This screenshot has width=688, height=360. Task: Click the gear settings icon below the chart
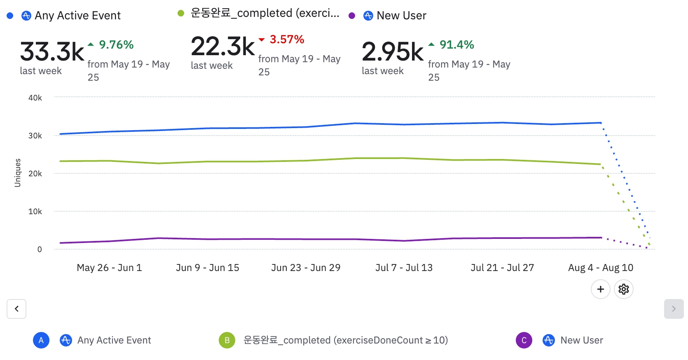tap(623, 289)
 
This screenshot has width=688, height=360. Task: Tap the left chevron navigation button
tap(16, 309)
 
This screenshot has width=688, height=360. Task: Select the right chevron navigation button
tap(674, 309)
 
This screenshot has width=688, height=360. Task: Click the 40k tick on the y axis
tap(35, 98)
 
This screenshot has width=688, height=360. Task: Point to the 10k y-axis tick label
tap(35, 212)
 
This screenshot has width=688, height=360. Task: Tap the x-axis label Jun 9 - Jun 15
tap(207, 268)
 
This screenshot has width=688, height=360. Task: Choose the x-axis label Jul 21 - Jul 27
tap(502, 268)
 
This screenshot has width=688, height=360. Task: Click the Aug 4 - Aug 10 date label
tap(600, 268)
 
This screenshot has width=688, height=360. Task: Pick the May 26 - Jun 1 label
tap(109, 268)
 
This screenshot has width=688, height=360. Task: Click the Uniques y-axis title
tap(18, 173)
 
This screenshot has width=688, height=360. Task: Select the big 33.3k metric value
tap(52, 52)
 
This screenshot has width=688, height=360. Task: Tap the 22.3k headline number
tap(223, 47)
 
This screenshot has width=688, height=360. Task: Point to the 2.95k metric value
tap(393, 52)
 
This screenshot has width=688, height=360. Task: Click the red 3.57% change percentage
tap(287, 40)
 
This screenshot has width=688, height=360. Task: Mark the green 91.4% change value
tap(456, 45)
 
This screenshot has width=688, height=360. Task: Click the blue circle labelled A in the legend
tap(41, 340)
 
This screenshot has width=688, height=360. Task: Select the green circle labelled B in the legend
tap(227, 340)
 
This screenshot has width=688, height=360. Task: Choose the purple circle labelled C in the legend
tap(524, 340)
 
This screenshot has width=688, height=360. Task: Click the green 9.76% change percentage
tap(116, 45)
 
